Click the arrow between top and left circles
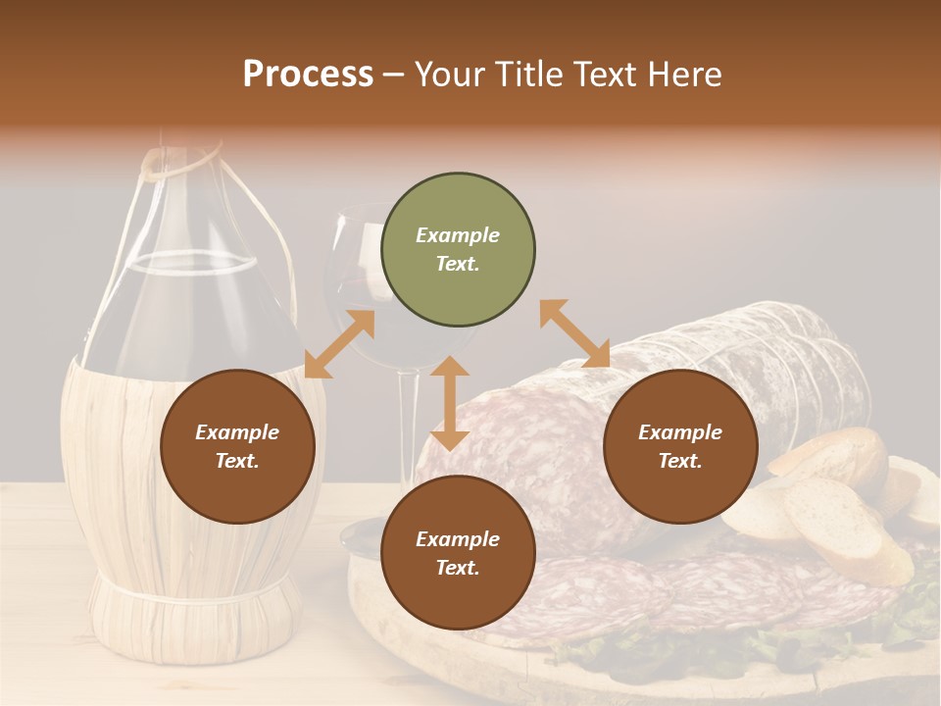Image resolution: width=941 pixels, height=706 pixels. (339, 344)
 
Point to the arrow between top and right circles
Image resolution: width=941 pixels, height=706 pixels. (574, 334)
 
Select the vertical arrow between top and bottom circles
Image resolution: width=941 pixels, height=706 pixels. (450, 403)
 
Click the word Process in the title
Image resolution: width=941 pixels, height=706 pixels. (308, 74)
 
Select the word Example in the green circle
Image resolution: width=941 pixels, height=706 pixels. (458, 235)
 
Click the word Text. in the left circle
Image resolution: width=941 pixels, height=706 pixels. (237, 461)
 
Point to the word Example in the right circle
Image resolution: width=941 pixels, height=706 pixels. (680, 432)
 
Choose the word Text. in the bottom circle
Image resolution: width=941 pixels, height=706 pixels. (458, 568)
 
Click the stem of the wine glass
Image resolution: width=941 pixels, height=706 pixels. (411, 422)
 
